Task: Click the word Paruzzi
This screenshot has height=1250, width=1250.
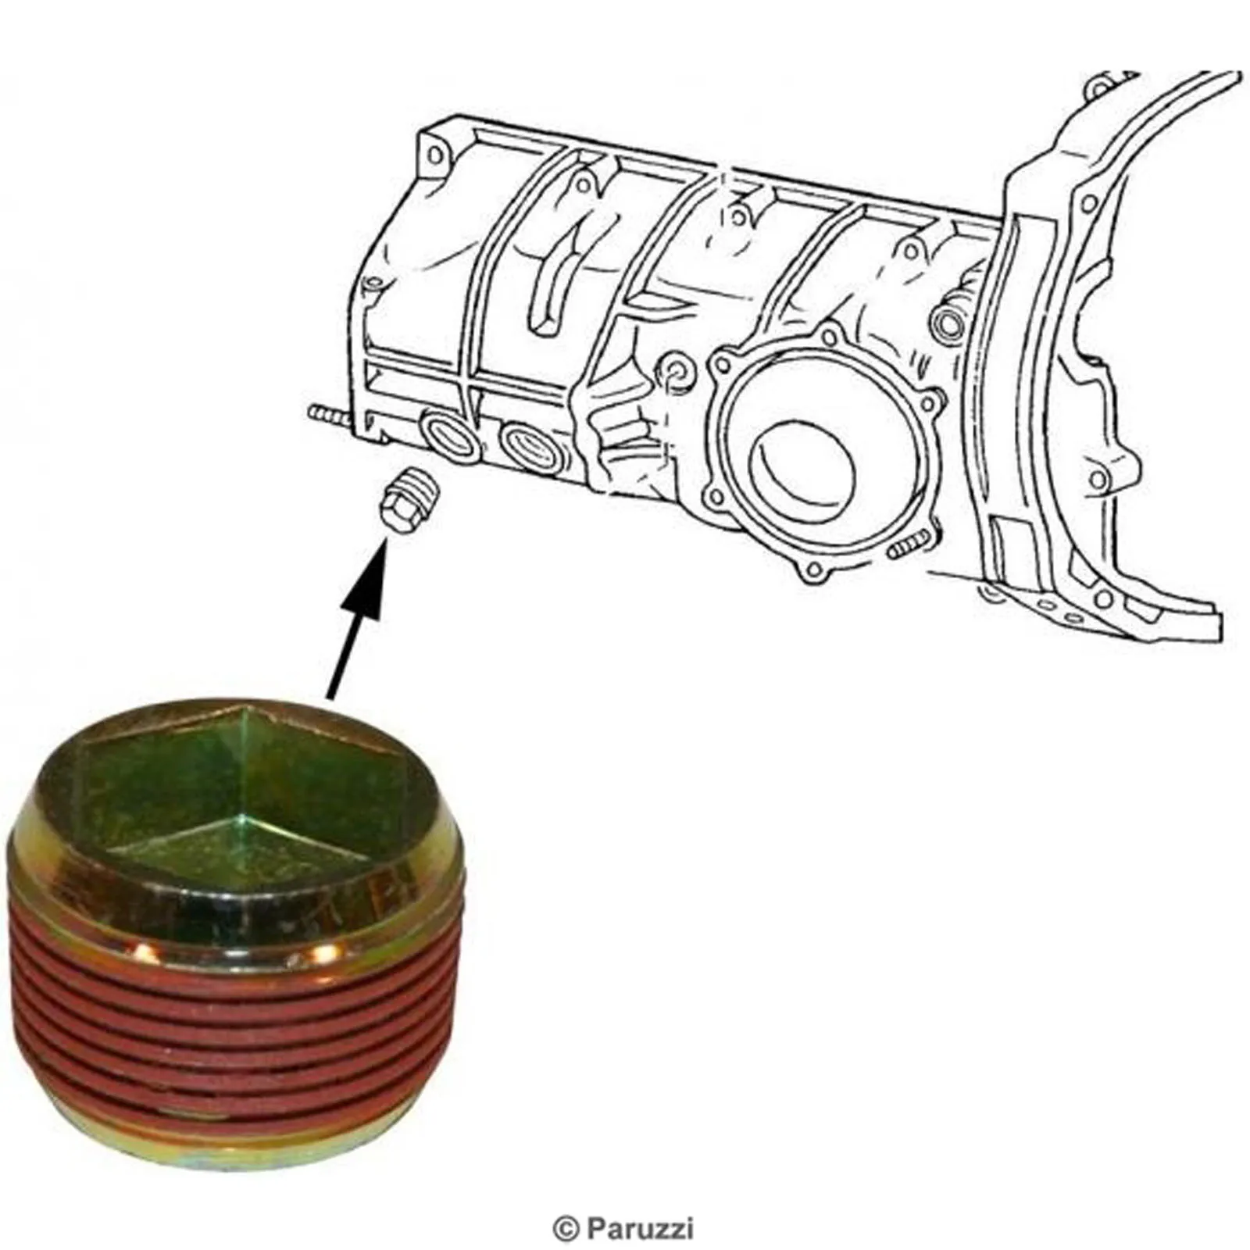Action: tap(637, 1230)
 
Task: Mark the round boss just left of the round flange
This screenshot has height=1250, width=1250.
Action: tap(675, 372)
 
